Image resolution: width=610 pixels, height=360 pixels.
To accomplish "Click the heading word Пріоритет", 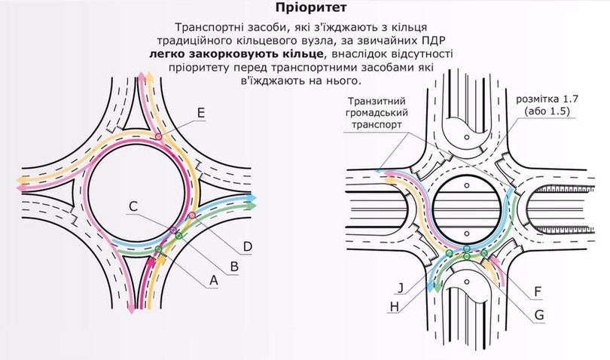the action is pos(305,8).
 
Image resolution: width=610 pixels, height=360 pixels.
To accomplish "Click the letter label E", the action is pos(201,113).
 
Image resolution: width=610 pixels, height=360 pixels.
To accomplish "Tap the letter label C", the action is pos(133,206).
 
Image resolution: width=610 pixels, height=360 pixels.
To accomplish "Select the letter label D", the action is pos(248,246).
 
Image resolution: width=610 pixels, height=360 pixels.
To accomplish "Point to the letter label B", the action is pos(234,267).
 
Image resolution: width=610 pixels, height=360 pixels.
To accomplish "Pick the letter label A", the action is pos(214,280).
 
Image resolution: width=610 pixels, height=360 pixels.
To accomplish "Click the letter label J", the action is pos(401,288).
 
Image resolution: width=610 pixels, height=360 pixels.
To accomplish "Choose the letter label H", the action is pos(395,307).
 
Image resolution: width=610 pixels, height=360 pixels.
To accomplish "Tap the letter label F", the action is pos(538,291).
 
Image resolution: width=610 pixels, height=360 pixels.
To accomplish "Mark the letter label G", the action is pos(539,315).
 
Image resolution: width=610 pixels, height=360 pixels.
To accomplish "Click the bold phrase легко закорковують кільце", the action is pos(236,53).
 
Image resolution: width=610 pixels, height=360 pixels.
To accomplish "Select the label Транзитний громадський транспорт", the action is pos(377,113).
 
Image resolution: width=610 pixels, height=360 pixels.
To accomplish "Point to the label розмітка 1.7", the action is pos(547,99).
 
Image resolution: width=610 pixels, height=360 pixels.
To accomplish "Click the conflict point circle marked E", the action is pos(158,136).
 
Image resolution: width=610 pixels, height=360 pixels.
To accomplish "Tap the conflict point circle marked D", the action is pos(191,215).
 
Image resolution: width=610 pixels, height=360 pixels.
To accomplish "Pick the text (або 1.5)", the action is pos(547,111).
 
